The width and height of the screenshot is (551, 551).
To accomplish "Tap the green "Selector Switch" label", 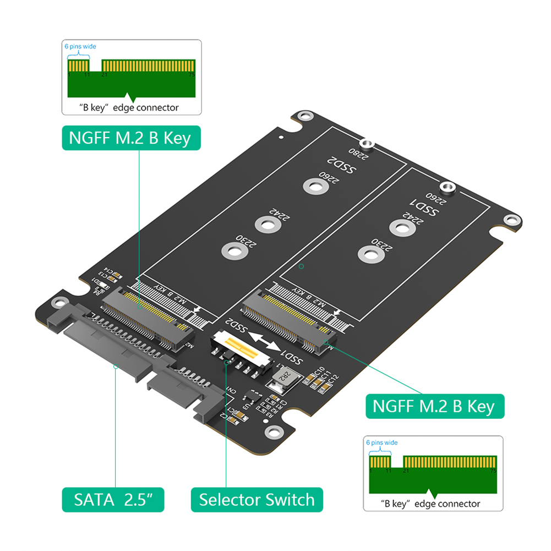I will point(257,500).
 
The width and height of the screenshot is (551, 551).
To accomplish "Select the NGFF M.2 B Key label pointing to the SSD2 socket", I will point(130,137).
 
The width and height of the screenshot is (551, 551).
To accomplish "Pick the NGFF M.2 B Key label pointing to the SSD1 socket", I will point(434,406).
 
